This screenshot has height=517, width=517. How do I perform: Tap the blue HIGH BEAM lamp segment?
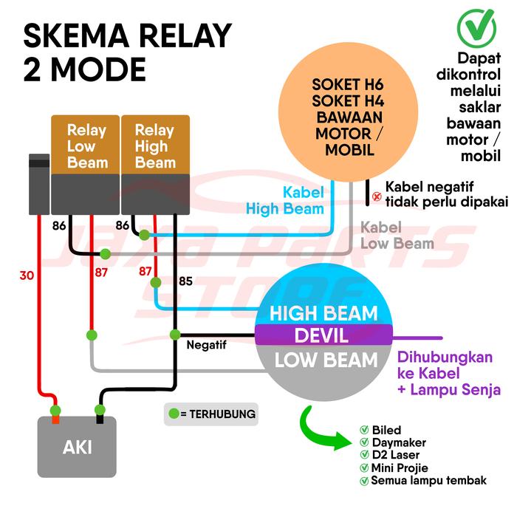click(x=323, y=312)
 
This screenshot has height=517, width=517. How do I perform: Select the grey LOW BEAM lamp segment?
click(x=323, y=360)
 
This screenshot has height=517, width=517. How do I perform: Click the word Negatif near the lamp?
click(x=206, y=344)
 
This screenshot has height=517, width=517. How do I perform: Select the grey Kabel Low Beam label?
click(x=397, y=235)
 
